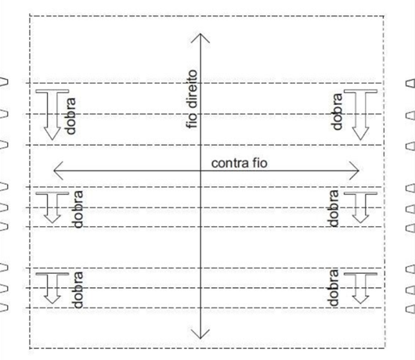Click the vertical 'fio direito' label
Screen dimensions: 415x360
193,99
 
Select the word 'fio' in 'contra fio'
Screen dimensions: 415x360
260,163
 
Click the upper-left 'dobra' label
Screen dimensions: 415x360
70,116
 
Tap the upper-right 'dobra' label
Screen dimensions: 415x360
337,112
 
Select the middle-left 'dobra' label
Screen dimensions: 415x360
78,209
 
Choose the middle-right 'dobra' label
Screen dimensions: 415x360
334,208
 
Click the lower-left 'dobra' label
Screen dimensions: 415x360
78,290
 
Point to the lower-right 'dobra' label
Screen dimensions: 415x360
334,287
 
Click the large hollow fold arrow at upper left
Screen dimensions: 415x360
52,114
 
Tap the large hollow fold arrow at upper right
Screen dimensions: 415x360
360,114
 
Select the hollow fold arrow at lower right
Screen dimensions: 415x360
360,288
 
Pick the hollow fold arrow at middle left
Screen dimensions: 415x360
52,207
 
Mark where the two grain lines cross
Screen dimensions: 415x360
200,171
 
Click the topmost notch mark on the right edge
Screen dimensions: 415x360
410,83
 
